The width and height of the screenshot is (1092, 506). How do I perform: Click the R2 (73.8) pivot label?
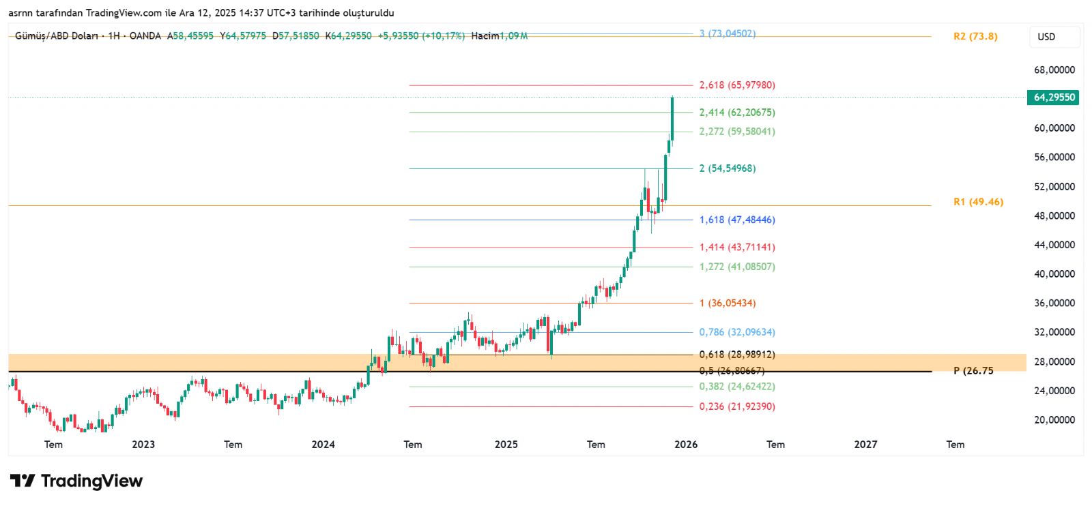click(975, 37)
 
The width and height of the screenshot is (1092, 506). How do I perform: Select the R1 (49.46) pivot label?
click(978, 202)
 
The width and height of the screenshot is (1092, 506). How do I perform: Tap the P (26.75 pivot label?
click(973, 371)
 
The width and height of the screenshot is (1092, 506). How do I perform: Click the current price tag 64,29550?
click(1054, 98)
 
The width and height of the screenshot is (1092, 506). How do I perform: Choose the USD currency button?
click(1046, 37)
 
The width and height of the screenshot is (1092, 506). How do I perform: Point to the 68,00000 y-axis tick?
click(1054, 70)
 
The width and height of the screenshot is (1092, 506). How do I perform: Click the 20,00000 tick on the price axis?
click(1054, 420)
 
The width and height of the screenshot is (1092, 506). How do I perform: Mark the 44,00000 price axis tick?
click(1054, 245)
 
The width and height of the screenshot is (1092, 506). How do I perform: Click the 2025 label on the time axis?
click(506, 445)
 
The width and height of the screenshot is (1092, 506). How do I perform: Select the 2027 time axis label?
click(865, 445)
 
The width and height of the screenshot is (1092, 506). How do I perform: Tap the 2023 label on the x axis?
click(143, 445)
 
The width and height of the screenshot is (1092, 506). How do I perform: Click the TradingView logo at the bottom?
click(76, 481)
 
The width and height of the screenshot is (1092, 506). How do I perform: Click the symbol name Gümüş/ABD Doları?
click(56, 35)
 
